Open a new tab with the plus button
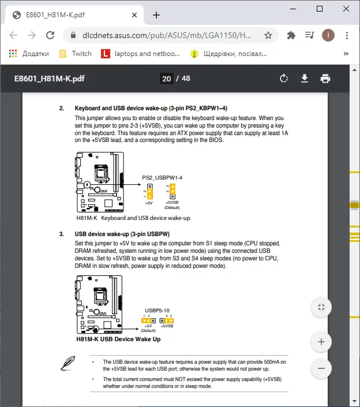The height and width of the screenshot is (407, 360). (156, 15)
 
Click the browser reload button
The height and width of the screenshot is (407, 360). (50, 35)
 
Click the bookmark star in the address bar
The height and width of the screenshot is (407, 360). (268, 35)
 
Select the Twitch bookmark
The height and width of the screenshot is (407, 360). (76, 54)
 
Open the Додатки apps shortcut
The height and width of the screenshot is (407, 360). (29, 54)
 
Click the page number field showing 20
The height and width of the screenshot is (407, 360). (166, 79)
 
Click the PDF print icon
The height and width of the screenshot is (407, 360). (325, 79)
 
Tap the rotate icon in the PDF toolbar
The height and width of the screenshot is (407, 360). (283, 79)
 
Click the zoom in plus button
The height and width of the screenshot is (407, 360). (321, 342)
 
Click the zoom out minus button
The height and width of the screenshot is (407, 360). (321, 368)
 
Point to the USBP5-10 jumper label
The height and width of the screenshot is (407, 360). (157, 310)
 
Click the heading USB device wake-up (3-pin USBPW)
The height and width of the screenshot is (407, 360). (122, 234)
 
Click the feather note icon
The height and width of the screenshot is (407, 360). (68, 364)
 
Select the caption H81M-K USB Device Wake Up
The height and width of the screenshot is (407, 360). (118, 339)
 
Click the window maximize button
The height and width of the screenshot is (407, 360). (320, 9)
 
